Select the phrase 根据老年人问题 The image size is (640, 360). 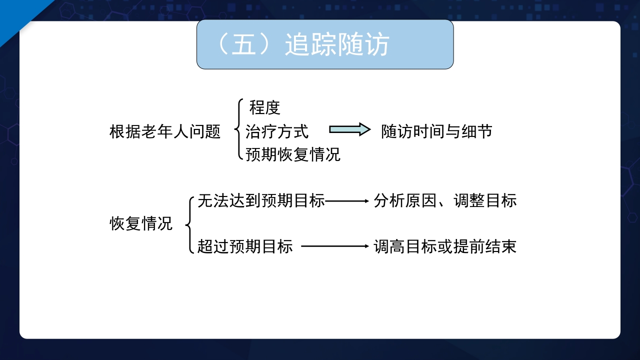click(165, 132)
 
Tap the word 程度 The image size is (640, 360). click(265, 107)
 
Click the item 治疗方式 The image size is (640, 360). click(277, 131)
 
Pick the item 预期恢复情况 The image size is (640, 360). click(293, 154)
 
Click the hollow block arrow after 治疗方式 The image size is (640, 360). click(349, 130)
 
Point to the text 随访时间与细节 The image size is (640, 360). click(436, 131)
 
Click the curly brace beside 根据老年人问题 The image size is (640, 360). click(238, 130)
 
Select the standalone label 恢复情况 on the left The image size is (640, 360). click(141, 223)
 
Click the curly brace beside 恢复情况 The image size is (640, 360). click(189, 224)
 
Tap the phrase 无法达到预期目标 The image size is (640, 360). click(261, 201)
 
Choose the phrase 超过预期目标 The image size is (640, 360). click(245, 246)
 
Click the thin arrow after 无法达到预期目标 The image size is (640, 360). click(346, 201)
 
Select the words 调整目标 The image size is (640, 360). click(485, 201)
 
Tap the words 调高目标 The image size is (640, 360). click(405, 246)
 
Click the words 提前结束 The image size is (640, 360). click(485, 246)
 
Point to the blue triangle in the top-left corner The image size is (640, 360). click(15, 12)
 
